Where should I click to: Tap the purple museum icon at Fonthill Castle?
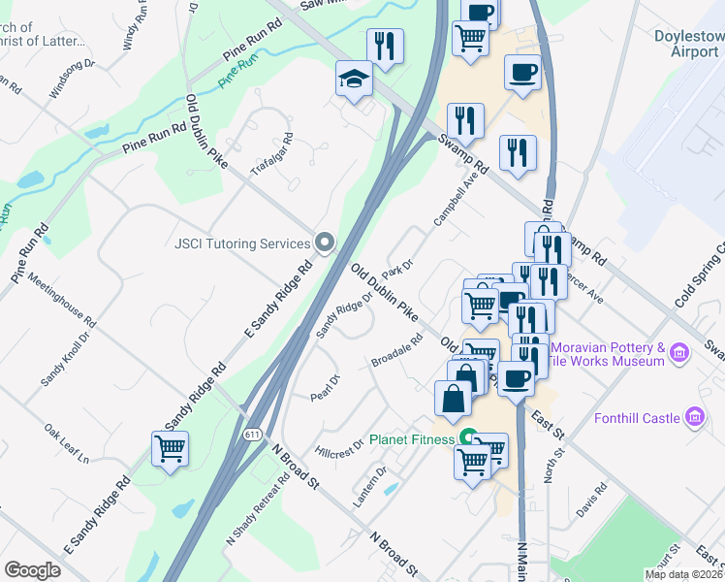tap(694, 418)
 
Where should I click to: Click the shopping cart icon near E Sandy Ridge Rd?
tap(170, 448)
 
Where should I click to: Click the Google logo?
tap(32, 570)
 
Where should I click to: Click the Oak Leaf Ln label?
tap(66, 442)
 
